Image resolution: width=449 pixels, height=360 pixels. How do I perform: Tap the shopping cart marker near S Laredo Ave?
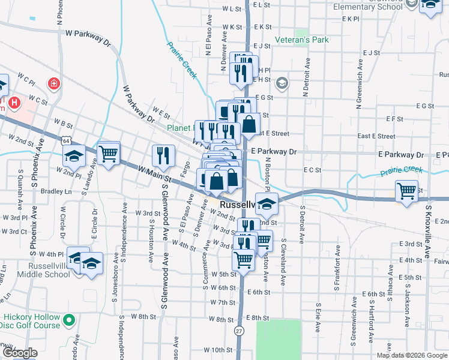109,154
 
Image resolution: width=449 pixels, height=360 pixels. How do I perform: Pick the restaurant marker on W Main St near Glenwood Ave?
163,155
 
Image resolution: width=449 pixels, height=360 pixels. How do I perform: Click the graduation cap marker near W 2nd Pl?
74,157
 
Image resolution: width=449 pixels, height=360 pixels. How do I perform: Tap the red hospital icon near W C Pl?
54,83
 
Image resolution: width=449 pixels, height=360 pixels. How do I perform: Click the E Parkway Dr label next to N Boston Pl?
274,152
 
